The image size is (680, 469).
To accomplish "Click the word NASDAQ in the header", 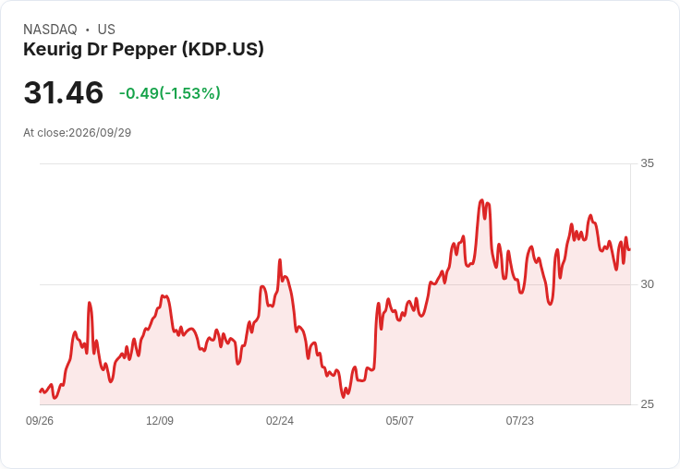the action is tap(50, 30).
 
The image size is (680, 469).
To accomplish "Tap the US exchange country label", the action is tap(106, 30).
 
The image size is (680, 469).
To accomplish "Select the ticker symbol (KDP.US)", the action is tap(223, 50).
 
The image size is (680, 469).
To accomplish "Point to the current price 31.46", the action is tap(64, 92).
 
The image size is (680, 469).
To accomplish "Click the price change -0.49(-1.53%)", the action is tap(170, 93).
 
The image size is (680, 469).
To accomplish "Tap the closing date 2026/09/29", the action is tap(100, 133).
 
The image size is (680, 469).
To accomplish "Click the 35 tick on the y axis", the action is tap(647, 163).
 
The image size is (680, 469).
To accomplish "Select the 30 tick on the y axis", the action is tap(647, 284).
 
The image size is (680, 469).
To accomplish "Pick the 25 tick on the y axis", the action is tap(647, 404).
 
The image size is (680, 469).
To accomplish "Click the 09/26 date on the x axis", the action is tap(40, 420).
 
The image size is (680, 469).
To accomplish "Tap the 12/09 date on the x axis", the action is tap(160, 420).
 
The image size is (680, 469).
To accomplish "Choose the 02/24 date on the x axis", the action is tap(280, 420).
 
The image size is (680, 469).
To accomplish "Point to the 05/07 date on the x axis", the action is tap(399, 420).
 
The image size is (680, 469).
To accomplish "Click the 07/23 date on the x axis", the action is tap(519, 420).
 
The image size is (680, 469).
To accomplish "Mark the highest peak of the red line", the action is tap(481, 200).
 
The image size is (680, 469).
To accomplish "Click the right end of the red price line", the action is tap(629, 249).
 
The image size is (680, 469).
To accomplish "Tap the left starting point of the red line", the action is tap(41, 391).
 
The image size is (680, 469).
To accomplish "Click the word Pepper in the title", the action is tap(144, 50).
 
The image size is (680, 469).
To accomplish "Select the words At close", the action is tap(44, 133).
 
